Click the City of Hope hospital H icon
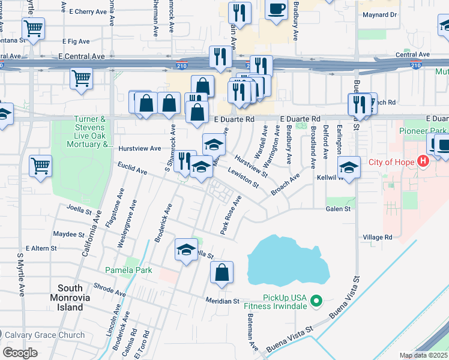pos(424,161)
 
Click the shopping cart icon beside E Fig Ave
pos(33,27)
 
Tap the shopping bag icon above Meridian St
pos(221,272)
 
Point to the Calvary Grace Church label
pos(46,335)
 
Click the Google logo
pos(20,353)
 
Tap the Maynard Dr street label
pos(381,14)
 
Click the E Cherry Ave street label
pos(88,11)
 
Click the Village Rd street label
pos(377,238)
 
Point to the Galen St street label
pos(338,209)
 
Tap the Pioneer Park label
pos(424,130)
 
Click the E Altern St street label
pos(41,248)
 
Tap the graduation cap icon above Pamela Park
pos(186,248)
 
